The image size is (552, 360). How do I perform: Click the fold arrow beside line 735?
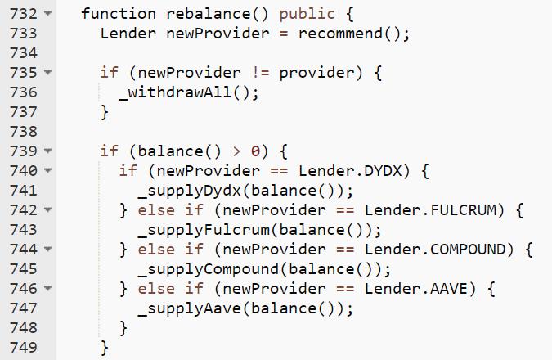click(x=47, y=73)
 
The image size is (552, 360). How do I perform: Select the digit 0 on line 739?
click(x=256, y=151)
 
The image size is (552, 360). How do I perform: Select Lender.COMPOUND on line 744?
click(x=435, y=250)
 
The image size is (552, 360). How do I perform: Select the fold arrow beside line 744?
click(x=47, y=250)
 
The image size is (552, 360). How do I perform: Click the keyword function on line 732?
click(x=119, y=14)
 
